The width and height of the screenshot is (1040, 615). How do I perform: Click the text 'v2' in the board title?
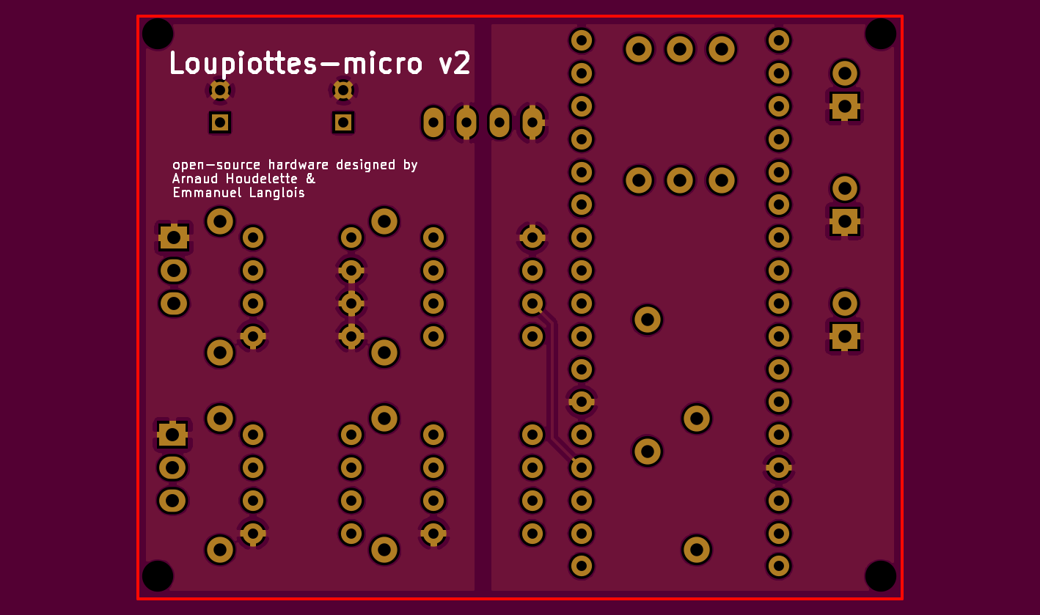point(454,64)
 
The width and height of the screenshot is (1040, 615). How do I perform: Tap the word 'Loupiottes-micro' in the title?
point(296,64)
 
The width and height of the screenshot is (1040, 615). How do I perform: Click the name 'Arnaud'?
point(194,179)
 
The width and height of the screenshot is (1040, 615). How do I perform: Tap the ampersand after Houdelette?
point(310,179)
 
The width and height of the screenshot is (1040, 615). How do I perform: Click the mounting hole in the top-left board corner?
point(158,34)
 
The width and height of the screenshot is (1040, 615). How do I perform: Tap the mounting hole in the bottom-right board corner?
point(880,575)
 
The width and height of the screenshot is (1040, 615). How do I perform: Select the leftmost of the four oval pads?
point(433,122)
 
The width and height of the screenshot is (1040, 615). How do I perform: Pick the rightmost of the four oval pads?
point(532,122)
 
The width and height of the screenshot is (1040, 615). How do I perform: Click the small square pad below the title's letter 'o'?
point(220,122)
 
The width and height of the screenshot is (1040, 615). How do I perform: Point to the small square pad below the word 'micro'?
point(343,122)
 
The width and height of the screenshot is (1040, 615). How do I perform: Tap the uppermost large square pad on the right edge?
point(844,107)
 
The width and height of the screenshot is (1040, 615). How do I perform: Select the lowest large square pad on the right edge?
point(844,336)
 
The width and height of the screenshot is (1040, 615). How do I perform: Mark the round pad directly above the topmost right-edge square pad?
point(844,73)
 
